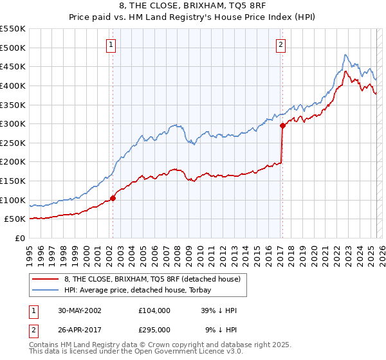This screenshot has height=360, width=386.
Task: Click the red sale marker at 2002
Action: coord(113,198)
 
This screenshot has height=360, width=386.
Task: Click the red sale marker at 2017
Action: coord(282,126)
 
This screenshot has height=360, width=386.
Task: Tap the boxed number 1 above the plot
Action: coord(112,45)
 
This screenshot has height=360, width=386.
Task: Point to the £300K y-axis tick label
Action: coord(13,123)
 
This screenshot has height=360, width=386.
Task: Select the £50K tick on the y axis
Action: coord(15,219)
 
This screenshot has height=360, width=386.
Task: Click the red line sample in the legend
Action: coord(46,279)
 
